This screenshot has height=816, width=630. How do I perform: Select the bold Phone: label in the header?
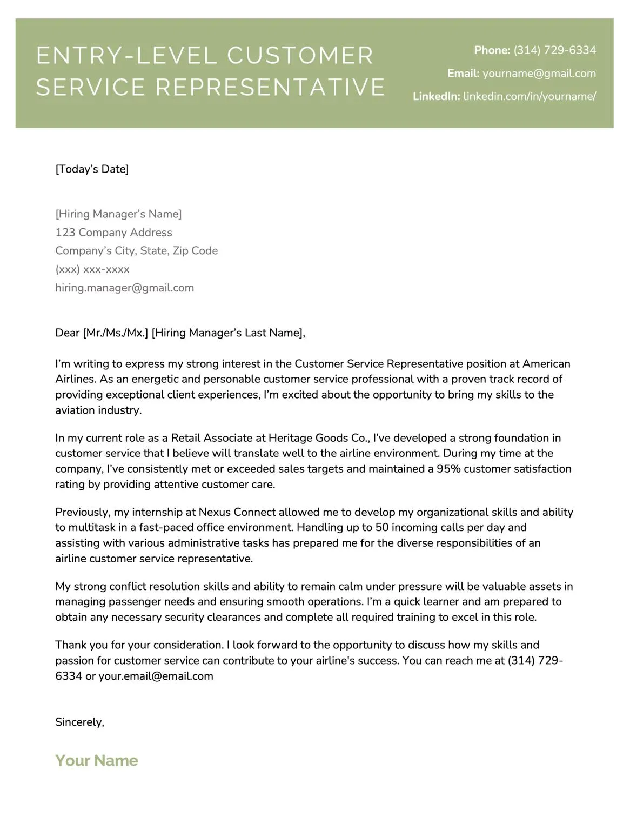(492, 50)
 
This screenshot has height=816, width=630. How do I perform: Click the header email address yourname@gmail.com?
(539, 74)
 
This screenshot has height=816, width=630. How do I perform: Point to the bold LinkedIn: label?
(436, 96)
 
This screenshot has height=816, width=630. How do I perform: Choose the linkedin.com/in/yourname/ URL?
(530, 96)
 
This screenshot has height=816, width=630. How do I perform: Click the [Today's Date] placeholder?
(92, 169)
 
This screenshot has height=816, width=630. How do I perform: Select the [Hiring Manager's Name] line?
(118, 214)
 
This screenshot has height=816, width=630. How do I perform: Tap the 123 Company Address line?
(113, 233)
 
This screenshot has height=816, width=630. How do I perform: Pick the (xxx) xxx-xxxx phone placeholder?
(92, 269)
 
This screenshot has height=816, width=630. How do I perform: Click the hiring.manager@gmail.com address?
(124, 288)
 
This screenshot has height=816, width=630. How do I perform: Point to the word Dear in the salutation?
(68, 333)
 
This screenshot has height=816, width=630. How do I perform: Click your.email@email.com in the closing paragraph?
(156, 676)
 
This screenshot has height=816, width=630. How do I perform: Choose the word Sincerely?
(79, 722)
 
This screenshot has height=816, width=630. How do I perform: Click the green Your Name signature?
(97, 760)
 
